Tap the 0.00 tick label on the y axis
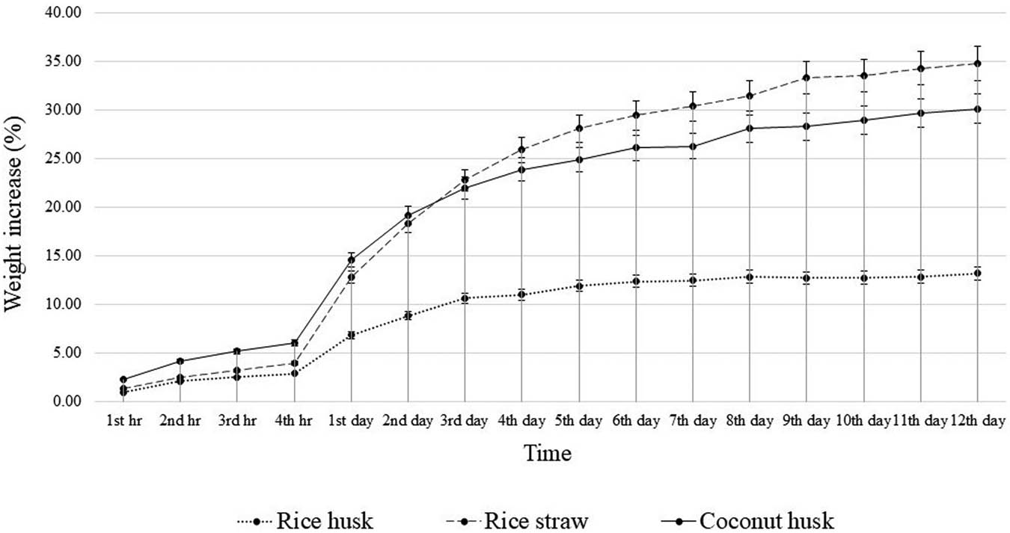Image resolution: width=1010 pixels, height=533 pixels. click(67, 401)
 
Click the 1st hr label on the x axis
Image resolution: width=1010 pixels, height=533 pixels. click(123, 422)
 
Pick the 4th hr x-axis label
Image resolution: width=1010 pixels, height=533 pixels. click(294, 422)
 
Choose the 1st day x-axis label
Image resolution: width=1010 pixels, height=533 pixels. click(351, 422)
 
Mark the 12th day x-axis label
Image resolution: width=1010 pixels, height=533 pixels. click(976, 422)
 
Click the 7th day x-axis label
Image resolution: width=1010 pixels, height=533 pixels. click(693, 422)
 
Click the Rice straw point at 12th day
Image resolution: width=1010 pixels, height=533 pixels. click(977, 64)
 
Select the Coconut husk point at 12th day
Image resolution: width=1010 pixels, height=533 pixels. click(977, 109)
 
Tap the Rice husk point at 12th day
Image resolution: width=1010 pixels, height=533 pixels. click(977, 274)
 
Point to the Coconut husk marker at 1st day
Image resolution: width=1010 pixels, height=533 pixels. click(351, 259)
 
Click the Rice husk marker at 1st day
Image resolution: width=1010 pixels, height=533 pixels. click(351, 335)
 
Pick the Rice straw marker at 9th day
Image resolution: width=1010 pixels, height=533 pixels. click(807, 78)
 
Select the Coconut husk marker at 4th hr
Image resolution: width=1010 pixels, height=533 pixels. click(294, 343)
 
